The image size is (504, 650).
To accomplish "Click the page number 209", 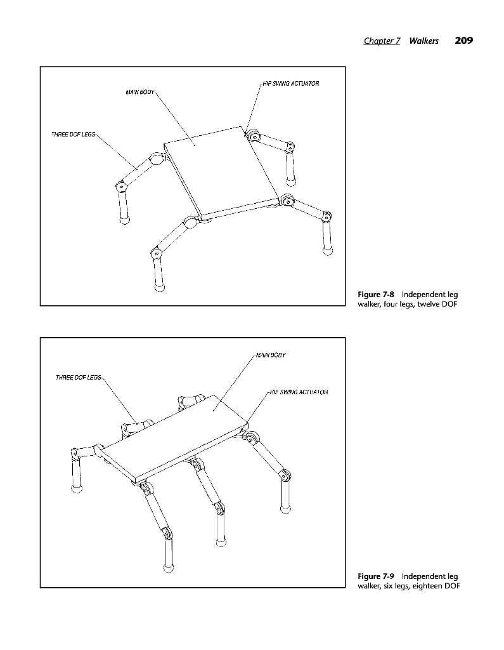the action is pos(464,41).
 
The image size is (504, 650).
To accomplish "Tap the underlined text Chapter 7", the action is pos(382,41).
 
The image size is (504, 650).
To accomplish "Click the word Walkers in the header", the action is pos(423,41).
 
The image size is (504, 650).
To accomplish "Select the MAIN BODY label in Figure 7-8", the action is pos(140,92).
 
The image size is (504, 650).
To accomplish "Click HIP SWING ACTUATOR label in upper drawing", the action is pos(291,84).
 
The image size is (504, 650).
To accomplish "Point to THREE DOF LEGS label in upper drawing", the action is pos(74,135).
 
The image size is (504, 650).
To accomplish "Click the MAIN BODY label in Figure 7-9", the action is pos(271,355).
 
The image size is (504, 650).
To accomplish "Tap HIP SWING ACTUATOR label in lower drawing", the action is pos(299,392).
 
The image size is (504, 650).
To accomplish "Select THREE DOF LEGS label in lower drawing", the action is pos(78,378).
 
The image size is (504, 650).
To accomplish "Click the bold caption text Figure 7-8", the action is pos(375,295).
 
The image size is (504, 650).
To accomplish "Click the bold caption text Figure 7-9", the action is pos(375,576).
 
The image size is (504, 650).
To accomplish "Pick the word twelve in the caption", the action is pos(430,304).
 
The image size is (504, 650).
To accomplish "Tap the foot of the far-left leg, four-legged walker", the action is pos(124,219).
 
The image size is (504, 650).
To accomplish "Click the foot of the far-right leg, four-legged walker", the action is pos(327,250).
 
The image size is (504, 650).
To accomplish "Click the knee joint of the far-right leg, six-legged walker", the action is pos(285,475).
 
